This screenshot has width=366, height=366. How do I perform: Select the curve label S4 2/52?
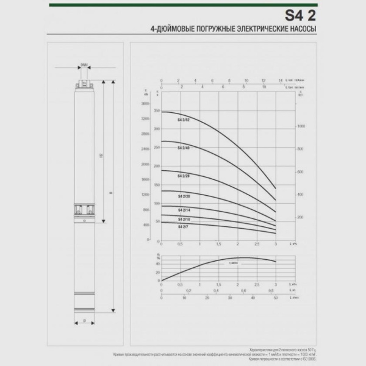tap(184, 121)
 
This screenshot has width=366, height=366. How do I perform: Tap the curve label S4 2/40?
tap(184, 148)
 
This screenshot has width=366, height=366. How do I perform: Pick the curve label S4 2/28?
tap(184, 176)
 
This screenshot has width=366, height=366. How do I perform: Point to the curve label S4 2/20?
tap(184, 196)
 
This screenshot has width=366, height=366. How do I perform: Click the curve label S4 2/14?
tap(184, 210)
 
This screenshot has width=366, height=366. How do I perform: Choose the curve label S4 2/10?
tap(184, 218)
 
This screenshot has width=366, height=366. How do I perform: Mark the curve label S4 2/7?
tap(183, 226)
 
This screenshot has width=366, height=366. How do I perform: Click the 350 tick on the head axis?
tap(157, 111)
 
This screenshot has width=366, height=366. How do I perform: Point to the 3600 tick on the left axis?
tap(145, 104)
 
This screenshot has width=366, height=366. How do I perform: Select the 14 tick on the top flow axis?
tap(280, 80)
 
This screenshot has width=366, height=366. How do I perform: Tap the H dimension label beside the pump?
tap(110, 193)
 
